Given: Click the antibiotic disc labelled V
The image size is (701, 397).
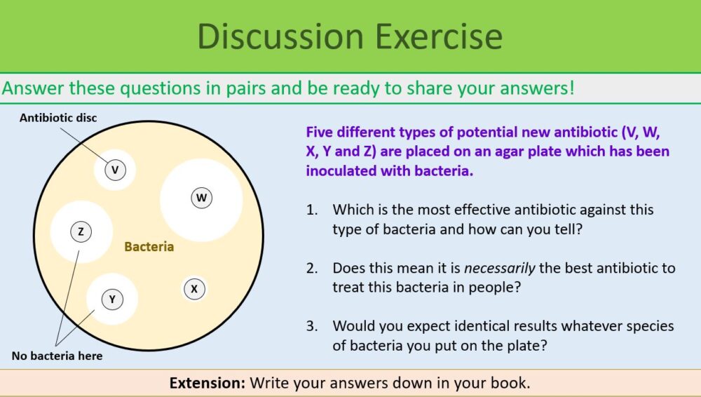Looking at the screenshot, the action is [116, 170].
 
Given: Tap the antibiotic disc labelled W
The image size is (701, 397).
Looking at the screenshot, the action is [202, 198].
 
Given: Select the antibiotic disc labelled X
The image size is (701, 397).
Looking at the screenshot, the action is [194, 289].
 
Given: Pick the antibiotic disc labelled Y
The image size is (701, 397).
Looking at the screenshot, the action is [112, 299].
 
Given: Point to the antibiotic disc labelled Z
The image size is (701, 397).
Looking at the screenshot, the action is [81, 232].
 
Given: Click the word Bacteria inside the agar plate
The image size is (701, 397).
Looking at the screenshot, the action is [149, 247].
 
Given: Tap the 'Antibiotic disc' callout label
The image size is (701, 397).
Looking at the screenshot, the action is [58, 118].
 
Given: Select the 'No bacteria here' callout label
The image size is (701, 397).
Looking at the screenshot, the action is [57, 356].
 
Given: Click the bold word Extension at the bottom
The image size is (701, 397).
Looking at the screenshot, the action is [207, 383].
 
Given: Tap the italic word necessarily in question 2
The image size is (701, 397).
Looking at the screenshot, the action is [499, 268].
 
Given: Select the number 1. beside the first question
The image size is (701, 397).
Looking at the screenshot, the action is [312, 210].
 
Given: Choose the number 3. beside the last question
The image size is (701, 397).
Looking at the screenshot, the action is [312, 326].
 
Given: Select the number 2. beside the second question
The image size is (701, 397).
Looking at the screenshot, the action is [312, 268].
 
